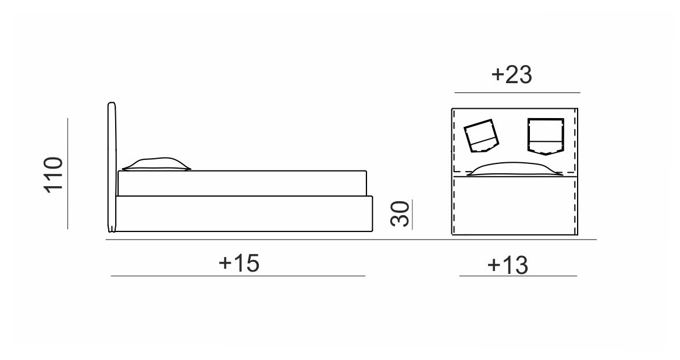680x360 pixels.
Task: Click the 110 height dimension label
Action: click(54, 174)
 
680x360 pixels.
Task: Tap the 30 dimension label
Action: click(400, 214)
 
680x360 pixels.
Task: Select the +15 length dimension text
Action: click(239, 262)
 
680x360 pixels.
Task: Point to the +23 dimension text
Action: click(511, 74)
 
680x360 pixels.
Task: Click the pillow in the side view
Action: click(156, 164)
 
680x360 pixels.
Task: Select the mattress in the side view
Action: click(243, 183)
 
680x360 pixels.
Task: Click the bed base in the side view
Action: click(244, 213)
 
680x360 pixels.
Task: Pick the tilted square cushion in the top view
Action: click(482, 136)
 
